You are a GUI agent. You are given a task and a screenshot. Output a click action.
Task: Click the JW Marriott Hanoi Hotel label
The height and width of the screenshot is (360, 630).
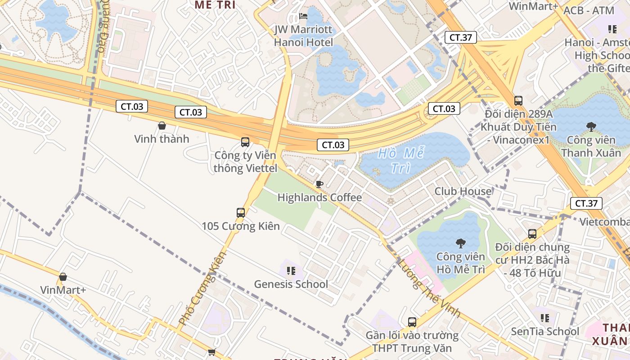[x=304, y=36]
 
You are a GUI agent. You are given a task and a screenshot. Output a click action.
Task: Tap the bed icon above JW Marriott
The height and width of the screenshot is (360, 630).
[x=304, y=17]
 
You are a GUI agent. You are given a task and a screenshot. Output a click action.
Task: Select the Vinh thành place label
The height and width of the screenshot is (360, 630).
[x=162, y=139]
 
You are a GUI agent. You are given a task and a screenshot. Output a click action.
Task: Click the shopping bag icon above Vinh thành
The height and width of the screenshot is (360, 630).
[x=162, y=126]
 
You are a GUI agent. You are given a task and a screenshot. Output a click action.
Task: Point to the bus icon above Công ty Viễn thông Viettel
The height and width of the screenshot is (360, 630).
[x=245, y=142]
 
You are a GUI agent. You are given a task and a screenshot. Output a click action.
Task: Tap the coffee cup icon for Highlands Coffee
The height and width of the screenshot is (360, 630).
[x=319, y=184]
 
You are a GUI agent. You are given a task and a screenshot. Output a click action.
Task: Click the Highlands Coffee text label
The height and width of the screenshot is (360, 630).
[x=319, y=198]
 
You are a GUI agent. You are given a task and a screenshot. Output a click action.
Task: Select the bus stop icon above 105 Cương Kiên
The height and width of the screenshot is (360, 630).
[x=241, y=212]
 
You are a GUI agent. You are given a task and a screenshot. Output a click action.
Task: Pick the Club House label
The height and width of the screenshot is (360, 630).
[x=463, y=191]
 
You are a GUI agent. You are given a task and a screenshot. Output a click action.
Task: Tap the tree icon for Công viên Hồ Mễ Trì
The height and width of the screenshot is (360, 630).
[x=460, y=243]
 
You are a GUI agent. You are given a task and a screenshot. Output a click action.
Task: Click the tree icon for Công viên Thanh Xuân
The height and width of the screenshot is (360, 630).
[x=591, y=127]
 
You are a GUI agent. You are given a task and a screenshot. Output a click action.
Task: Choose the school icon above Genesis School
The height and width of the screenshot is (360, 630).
[x=291, y=271]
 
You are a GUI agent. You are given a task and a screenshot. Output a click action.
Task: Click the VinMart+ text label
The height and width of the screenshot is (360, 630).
[x=63, y=290]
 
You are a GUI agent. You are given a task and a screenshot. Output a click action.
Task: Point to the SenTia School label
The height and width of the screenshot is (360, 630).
[x=545, y=332]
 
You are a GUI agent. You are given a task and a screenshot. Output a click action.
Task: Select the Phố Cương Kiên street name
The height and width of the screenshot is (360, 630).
[x=202, y=288]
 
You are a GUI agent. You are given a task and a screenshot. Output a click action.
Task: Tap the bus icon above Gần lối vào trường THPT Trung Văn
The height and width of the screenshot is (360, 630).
[x=412, y=322]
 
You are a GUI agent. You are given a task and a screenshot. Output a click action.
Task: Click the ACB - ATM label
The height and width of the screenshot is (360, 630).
[x=589, y=10]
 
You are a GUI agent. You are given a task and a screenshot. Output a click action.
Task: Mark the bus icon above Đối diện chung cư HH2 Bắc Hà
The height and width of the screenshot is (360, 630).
[x=532, y=234]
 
